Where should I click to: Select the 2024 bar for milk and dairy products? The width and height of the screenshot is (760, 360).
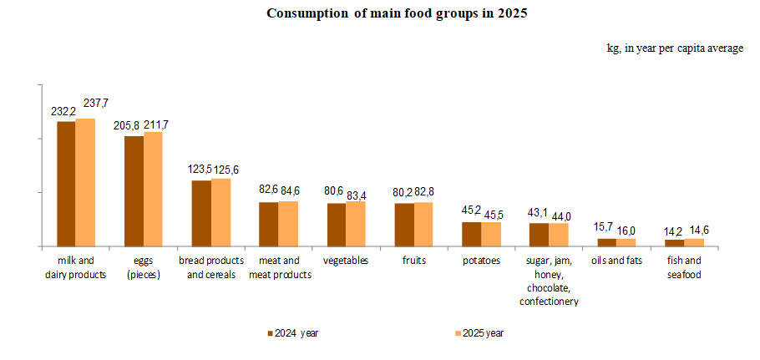pos(66,184)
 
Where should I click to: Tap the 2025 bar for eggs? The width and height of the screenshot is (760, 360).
pos(153,189)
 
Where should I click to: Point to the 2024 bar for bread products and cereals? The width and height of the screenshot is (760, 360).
pos(201,213)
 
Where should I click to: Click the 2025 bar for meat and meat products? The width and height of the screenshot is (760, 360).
pos(288,224)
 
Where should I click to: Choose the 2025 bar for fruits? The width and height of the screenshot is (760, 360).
pos(423,224)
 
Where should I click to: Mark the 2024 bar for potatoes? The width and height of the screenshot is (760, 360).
pos(472,234)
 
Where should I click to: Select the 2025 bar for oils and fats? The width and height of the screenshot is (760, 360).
pos(626,242)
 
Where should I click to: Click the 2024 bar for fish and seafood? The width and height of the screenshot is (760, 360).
pos(675,243)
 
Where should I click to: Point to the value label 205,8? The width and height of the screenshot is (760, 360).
pos(128,124)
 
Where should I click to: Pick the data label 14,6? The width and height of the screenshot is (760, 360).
pos(697,231)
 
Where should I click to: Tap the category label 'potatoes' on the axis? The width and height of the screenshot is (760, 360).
pos(481,261)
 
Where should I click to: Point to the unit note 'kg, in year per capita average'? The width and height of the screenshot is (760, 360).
pos(675,48)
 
